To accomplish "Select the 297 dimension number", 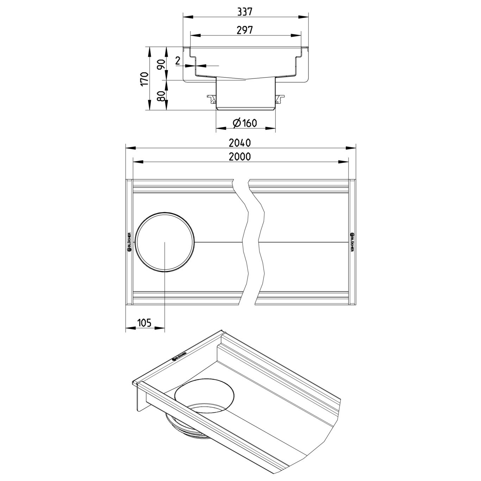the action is click(245, 30).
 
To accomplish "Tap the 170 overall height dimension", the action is click(145, 79).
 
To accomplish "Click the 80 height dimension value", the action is click(162, 96).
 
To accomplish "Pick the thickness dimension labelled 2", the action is click(177, 61).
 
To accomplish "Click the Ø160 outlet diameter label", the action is click(245, 123).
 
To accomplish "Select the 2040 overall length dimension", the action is click(240, 143).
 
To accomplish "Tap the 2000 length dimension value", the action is click(240, 156).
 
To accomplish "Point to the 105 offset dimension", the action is click(144, 323).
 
